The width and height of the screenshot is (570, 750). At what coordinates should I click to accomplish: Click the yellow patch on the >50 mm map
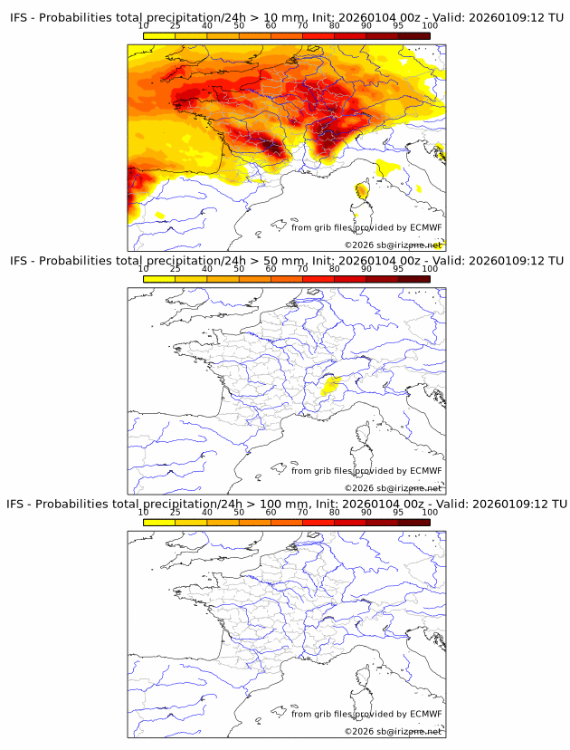pos(331,387)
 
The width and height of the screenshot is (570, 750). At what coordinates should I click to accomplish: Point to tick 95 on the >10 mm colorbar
pos(398,26)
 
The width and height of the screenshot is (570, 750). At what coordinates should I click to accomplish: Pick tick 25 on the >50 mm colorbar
pos(176,269)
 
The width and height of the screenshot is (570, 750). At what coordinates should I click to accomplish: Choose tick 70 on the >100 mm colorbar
pos(303,512)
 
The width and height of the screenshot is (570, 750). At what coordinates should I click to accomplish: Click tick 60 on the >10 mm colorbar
pos(271,26)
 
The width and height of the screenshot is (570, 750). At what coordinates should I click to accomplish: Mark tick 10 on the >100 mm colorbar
pos(144,512)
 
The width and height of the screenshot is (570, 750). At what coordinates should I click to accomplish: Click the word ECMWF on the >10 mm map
pos(426,227)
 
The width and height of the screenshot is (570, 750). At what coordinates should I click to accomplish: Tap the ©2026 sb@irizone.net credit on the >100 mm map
pos(393,731)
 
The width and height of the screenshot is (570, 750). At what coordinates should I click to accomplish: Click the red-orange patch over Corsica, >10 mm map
pos(362,190)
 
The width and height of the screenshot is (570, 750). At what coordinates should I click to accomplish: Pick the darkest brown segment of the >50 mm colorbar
pos(413,278)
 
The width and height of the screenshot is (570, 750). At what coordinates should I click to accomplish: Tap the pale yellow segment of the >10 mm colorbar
pos(159,35)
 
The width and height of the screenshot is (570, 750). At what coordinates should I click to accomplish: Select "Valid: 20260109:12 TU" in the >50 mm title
pos(493,261)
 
